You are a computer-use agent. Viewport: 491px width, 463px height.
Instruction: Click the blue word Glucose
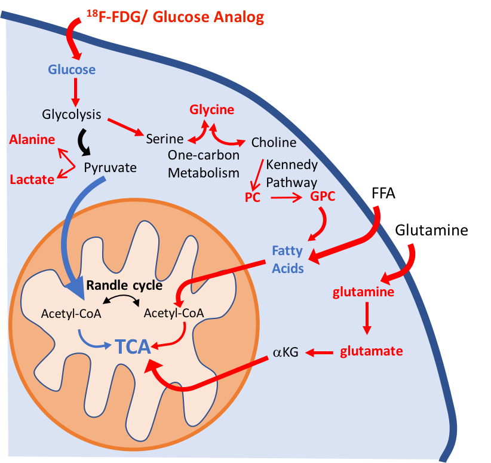(x=72, y=70)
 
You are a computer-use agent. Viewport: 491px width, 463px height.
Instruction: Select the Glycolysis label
(x=72, y=114)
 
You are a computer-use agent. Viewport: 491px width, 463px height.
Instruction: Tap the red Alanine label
(x=32, y=140)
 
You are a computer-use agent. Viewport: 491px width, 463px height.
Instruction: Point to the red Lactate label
(x=32, y=179)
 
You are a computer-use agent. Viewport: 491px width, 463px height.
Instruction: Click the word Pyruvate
(x=110, y=167)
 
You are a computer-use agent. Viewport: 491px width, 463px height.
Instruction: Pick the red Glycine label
(x=212, y=110)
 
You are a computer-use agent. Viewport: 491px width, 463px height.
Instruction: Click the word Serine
(x=165, y=139)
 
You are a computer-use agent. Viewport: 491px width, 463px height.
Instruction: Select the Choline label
(x=274, y=142)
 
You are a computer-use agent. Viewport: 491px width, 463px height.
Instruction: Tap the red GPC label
(x=323, y=198)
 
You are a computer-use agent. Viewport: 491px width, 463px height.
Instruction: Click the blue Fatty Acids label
(x=288, y=259)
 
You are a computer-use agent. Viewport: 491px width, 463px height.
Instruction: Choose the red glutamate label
(x=372, y=351)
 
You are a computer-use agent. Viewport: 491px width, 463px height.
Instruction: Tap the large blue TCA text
(x=133, y=346)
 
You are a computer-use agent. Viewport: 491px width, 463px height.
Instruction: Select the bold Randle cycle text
(x=124, y=285)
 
